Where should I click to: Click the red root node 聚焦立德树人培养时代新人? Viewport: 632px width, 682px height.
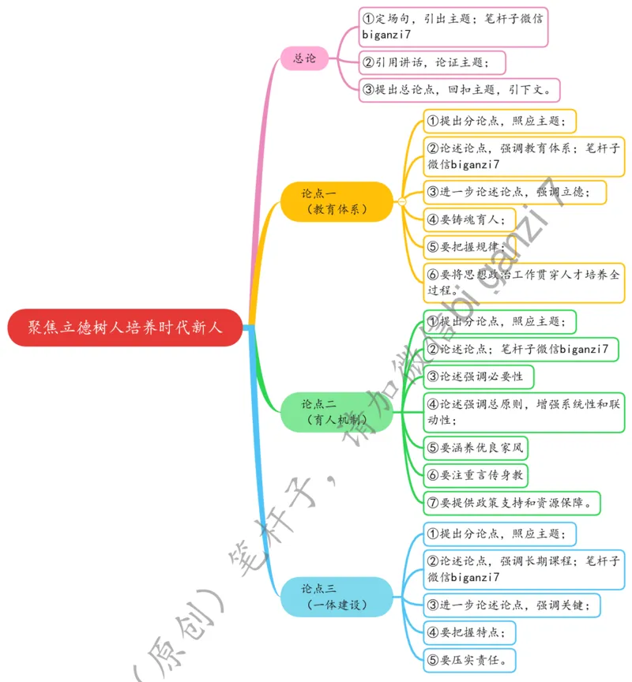[125, 328]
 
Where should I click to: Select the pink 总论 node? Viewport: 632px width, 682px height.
[305, 58]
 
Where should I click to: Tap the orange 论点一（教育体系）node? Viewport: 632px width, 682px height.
[337, 201]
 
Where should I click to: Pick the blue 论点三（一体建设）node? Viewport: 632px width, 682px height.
[337, 596]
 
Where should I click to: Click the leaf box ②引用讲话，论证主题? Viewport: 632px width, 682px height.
[432, 62]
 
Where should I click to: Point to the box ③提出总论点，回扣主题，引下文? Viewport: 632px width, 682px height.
[460, 89]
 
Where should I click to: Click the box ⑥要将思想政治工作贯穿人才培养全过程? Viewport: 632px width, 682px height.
[524, 283]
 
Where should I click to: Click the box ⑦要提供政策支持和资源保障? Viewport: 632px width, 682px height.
[513, 502]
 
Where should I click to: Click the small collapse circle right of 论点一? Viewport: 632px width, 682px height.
[401, 202]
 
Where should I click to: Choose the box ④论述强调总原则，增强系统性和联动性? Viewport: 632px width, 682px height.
[524, 412]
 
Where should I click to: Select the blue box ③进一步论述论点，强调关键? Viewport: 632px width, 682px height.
[513, 605]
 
